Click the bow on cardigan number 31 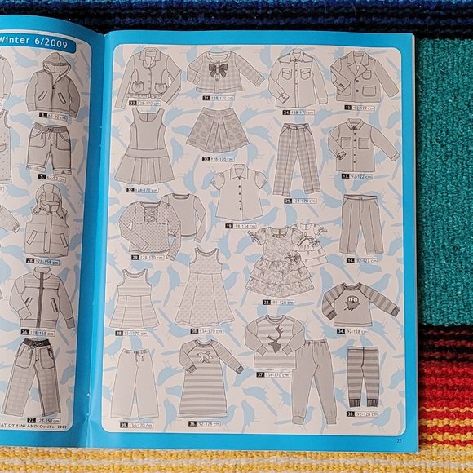pos(218,70)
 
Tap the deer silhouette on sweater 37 pos(275,337)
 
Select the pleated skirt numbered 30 pos(218,130)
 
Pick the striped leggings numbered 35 pos(363,374)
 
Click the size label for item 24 pos(298,112)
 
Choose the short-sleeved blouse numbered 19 pos(236,192)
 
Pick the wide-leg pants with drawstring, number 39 pos(135,384)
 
